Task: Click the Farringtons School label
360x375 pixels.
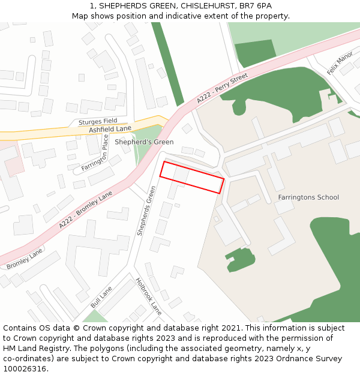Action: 308,197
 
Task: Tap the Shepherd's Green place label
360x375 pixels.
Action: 144,142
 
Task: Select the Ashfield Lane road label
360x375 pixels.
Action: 110,129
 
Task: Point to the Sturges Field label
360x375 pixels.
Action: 97,121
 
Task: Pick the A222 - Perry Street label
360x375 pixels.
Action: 221,89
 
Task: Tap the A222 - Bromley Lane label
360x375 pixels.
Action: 86,209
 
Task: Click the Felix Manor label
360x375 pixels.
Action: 340,63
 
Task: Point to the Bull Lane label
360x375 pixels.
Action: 101,298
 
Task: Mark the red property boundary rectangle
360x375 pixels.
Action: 192,178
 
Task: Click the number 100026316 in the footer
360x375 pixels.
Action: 25,369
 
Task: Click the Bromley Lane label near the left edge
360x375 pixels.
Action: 25,259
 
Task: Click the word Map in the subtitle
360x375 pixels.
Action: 81,16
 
